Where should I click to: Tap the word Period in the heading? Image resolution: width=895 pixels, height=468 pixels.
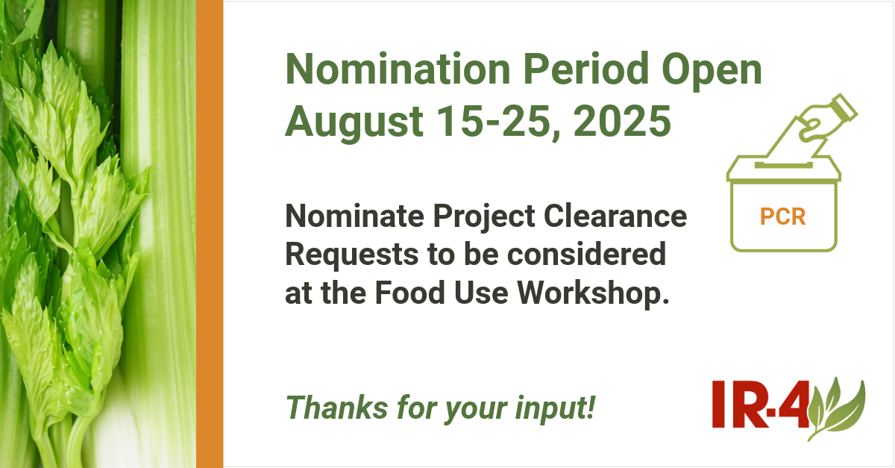click(586, 69)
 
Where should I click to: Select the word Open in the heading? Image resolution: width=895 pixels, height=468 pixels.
click(712, 72)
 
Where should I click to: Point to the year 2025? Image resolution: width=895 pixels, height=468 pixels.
click(622, 121)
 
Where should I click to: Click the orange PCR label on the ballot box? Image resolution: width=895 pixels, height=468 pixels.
click(782, 216)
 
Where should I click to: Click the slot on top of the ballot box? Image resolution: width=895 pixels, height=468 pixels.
click(784, 165)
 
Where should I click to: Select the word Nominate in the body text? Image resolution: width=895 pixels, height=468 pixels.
click(354, 216)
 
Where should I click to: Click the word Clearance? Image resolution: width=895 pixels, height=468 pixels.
click(615, 216)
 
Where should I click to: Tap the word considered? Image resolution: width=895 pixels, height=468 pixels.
click(586, 254)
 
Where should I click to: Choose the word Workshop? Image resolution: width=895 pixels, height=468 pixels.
click(593, 293)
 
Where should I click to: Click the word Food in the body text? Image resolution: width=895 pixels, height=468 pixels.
click(410, 293)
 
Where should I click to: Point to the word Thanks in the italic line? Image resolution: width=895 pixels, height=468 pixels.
click(336, 408)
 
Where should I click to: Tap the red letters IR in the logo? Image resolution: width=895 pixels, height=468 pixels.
click(740, 404)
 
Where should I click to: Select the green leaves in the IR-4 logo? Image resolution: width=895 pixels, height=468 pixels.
click(836, 409)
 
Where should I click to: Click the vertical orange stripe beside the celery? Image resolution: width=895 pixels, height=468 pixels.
click(210, 234)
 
